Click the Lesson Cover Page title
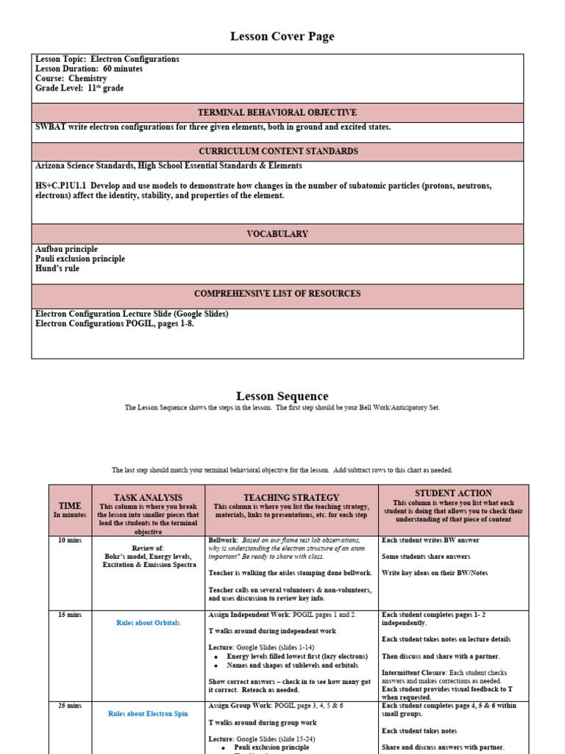(x=282, y=36)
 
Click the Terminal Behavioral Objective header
(x=277, y=113)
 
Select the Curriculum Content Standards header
(x=277, y=151)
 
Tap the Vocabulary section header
(x=277, y=234)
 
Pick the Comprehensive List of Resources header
(x=277, y=294)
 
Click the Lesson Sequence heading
(x=282, y=396)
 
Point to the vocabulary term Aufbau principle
(x=66, y=250)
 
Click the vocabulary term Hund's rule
(x=57, y=269)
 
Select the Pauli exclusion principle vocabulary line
(x=80, y=259)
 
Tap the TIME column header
(x=70, y=506)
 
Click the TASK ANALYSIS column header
(x=148, y=498)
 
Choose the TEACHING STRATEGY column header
(x=291, y=498)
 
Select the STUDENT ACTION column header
(x=453, y=493)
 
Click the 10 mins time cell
(x=70, y=540)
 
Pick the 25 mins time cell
(x=70, y=705)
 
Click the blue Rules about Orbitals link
(x=148, y=623)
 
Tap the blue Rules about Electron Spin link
(x=148, y=714)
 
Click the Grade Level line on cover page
(x=79, y=88)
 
